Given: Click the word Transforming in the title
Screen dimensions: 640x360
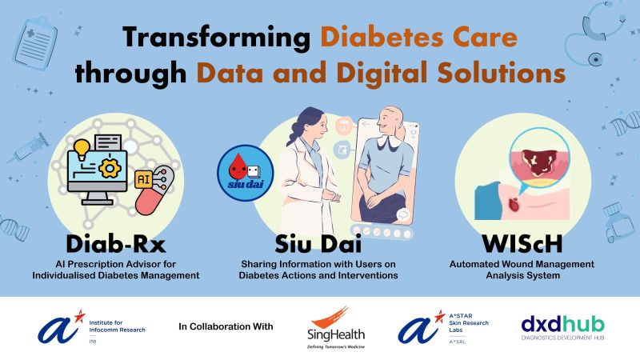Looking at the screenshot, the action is coord(216,38).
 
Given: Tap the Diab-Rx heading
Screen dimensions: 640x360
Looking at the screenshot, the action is coord(116,244).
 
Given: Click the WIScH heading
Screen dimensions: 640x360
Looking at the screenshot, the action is coord(522,244).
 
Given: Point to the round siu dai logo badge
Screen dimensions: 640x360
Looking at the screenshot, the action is coord(246,173).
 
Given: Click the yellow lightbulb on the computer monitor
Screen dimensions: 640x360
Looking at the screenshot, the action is coord(82,149).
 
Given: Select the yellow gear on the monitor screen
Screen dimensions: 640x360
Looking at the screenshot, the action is coord(110,167).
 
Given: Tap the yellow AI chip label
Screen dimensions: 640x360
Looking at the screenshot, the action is coord(143,179).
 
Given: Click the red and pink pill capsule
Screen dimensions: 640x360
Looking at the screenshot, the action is coord(154,190).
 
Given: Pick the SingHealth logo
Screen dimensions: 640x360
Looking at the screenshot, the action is coord(336,328).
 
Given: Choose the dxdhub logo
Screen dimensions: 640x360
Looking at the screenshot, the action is coord(563,328).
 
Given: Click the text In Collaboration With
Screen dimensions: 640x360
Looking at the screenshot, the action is coord(226,326).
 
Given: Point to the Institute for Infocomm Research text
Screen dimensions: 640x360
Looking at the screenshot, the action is coord(117,326).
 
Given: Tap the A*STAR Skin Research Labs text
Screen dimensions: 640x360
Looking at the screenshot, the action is coord(469,323).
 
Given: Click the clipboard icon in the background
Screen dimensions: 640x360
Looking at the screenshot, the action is coord(35,43).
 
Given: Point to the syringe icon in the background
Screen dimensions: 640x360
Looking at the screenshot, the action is coord(30,148).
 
